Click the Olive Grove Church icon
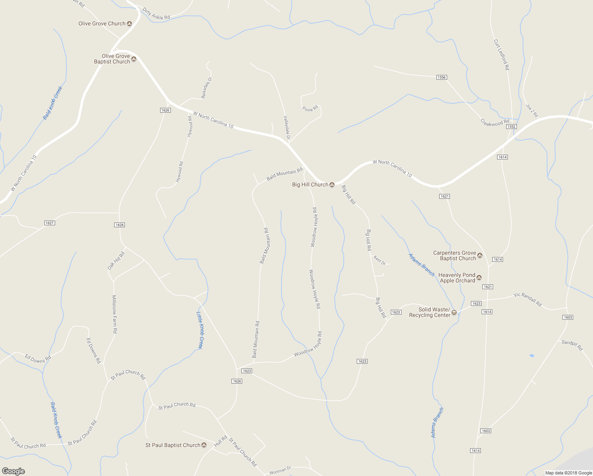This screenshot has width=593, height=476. [x=129, y=24]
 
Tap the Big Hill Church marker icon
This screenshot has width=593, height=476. [x=332, y=185]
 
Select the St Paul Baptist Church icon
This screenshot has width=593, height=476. [x=204, y=445]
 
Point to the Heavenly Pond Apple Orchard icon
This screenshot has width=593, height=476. [x=479, y=278]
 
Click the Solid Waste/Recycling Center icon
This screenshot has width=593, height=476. [x=454, y=313]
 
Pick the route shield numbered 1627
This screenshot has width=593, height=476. [x=50, y=223]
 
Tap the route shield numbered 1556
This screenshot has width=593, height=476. [x=442, y=77]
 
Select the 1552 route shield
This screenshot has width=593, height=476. [x=511, y=127]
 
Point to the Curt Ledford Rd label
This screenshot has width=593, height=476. [x=501, y=54]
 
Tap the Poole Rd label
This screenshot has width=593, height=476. [x=310, y=108]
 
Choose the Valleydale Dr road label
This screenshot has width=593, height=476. [x=287, y=128]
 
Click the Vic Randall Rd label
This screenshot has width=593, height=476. [x=527, y=299]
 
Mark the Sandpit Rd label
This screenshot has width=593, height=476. [x=572, y=345]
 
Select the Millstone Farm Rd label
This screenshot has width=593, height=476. [x=115, y=314]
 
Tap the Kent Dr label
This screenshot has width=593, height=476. [x=379, y=261]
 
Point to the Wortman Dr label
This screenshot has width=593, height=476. [x=280, y=471]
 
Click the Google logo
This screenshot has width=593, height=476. [x=13, y=471]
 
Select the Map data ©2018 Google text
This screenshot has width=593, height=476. [x=568, y=473]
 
